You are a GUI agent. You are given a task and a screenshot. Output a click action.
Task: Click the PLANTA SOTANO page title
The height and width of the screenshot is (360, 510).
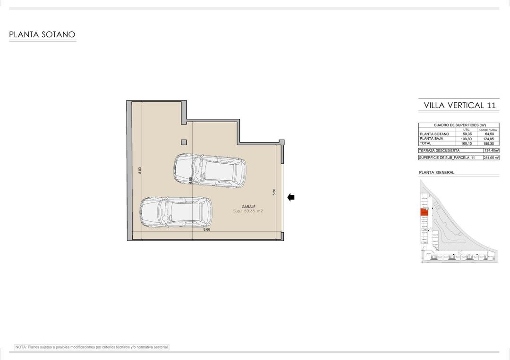[42, 34]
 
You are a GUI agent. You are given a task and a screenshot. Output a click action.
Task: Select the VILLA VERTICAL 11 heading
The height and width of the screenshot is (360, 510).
[459, 105]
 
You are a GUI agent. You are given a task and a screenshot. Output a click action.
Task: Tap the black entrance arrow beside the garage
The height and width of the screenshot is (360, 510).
[291, 197]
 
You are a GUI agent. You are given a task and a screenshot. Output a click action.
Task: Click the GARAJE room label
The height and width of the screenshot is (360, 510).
[248, 207]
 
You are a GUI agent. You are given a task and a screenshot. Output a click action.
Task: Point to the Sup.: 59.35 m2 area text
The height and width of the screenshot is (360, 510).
[248, 211]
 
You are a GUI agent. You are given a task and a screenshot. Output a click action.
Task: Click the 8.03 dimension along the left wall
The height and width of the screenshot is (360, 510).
[140, 171]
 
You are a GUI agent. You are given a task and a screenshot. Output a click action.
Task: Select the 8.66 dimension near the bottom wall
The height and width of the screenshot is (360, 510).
[206, 229]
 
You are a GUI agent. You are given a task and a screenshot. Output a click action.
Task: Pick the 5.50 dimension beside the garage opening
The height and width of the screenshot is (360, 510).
[274, 192]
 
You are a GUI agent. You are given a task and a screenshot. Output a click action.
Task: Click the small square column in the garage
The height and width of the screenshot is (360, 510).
[184, 142]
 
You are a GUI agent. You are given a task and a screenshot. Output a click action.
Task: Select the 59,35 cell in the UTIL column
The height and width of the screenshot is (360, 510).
[467, 134]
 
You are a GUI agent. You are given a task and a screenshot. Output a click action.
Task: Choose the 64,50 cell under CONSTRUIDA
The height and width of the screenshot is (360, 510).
[488, 134]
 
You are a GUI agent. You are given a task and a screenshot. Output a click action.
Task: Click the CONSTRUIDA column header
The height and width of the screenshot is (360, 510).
[488, 129]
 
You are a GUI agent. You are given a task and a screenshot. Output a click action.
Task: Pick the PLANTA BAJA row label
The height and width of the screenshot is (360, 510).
[431, 139]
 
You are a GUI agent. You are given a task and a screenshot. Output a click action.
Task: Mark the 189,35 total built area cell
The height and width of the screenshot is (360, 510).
[488, 143]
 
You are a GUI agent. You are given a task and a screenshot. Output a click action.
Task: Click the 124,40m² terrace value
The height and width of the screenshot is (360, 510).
[491, 151]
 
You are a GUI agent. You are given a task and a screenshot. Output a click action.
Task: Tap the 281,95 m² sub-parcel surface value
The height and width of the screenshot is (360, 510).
[491, 158]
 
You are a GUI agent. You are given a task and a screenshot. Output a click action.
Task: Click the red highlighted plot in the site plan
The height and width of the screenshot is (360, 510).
[424, 213]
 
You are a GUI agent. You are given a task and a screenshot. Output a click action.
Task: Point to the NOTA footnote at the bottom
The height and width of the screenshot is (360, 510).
[92, 347]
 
